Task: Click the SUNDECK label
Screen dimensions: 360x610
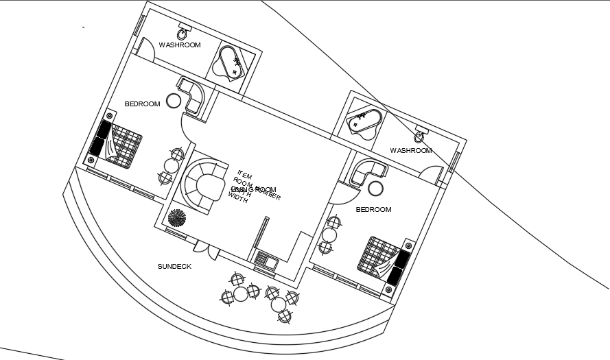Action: click(x=174, y=266)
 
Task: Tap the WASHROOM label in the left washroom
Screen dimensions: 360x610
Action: click(x=180, y=45)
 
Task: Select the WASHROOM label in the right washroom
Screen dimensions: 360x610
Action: click(x=411, y=150)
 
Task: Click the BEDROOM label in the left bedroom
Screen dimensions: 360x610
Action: click(x=142, y=104)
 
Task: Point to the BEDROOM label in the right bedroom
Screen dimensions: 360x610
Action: click(x=373, y=209)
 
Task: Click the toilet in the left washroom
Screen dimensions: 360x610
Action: click(x=184, y=32)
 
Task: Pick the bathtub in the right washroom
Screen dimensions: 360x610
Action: click(x=364, y=123)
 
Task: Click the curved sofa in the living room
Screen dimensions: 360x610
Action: click(x=201, y=185)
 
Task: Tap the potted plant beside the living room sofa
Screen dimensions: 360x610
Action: click(x=177, y=218)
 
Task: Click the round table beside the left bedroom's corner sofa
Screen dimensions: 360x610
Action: click(x=174, y=101)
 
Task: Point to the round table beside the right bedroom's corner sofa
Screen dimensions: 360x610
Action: click(x=375, y=189)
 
